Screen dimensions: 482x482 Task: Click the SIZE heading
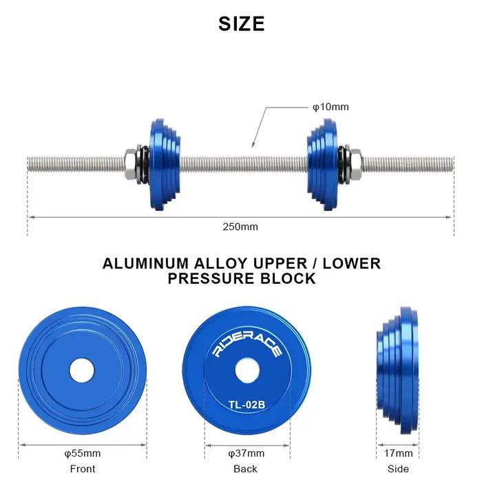(x=241, y=23)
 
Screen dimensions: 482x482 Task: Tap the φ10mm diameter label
(x=331, y=107)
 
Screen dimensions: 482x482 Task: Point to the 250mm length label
(x=240, y=227)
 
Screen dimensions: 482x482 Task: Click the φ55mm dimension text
(x=83, y=453)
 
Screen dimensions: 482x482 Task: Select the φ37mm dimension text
(x=247, y=453)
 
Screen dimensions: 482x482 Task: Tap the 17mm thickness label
(x=398, y=453)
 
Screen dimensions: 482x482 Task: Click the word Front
(x=83, y=469)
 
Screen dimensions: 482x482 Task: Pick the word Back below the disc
(x=245, y=469)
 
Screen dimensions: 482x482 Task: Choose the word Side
(x=398, y=469)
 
